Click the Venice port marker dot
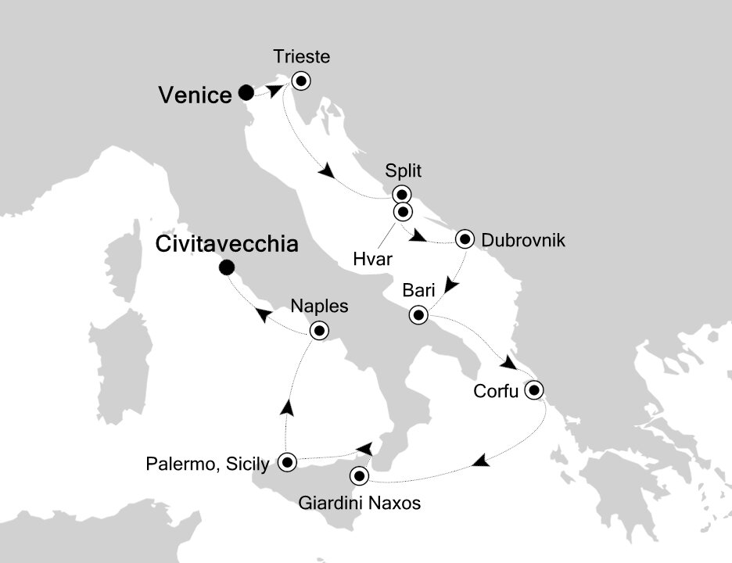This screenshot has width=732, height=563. point(246,93)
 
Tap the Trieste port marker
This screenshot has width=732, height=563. point(301,80)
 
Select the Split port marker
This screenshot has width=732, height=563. point(401,195)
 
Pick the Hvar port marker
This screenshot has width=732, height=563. point(402,211)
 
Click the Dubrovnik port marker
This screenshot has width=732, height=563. point(466,238)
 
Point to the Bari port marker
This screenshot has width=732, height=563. point(418,316)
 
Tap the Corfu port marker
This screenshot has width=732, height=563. point(535,389)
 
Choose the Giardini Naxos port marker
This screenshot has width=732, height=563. point(360,475)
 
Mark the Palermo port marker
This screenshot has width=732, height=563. point(287,462)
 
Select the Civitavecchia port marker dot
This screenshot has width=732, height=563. point(227,268)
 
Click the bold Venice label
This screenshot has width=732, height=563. point(195,95)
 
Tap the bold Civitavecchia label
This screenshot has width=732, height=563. point(228,244)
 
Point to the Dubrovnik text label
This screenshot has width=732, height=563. point(523,239)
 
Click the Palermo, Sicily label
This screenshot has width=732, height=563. point(207,464)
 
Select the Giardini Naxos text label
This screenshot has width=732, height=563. point(359,504)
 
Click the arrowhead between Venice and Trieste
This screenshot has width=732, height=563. point(277,91)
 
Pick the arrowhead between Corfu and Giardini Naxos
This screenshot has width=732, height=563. point(484,461)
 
